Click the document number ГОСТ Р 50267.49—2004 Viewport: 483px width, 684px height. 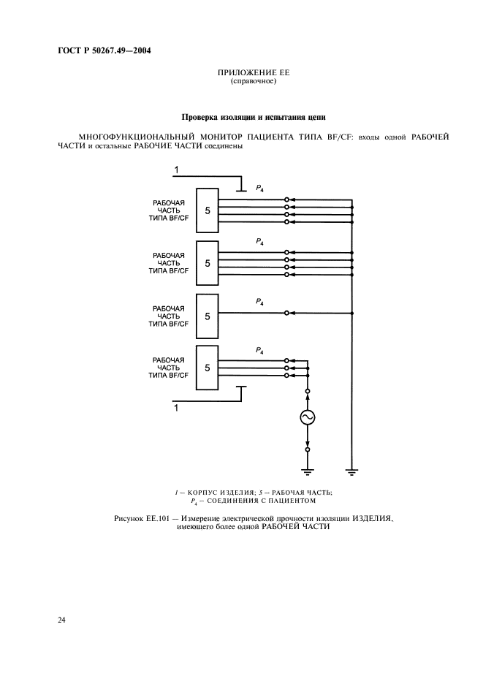coord(105,50)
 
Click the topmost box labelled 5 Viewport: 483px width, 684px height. coord(208,210)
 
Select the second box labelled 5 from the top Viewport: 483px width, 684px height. coord(208,262)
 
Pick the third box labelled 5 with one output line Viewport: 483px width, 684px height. coord(208,315)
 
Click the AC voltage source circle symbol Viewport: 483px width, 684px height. coord(307,417)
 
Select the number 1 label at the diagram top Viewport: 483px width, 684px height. coord(176,170)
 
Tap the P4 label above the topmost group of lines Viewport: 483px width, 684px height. coord(259,189)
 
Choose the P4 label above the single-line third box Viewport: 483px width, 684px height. coord(259,302)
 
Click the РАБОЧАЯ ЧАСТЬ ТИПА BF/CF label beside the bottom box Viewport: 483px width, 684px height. coord(169,367)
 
